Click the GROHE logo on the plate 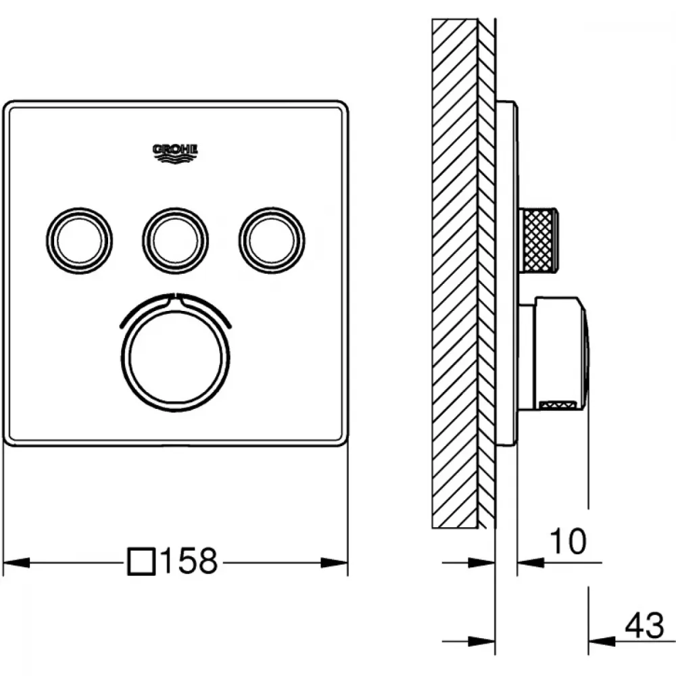[x=175, y=153]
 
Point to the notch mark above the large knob [x=176, y=297]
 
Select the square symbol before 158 [x=141, y=561]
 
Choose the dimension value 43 [x=644, y=625]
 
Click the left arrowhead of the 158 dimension [x=16, y=562]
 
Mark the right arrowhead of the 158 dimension [x=335, y=562]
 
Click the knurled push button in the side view [x=539, y=241]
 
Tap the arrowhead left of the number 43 [x=602, y=641]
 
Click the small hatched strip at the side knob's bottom [x=558, y=404]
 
